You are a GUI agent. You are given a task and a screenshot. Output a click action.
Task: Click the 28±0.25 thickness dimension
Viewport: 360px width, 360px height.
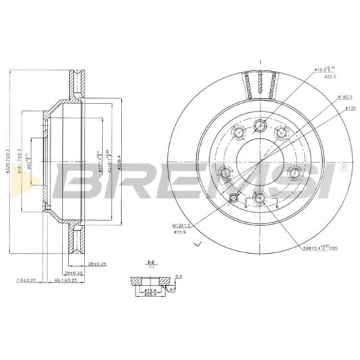click(98, 264)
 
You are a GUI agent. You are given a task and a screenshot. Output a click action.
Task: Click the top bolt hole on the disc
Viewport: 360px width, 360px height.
click(261, 126)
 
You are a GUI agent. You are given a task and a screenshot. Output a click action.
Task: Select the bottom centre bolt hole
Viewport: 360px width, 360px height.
click(261, 198)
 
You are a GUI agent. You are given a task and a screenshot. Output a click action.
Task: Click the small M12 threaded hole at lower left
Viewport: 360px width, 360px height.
click(234, 198)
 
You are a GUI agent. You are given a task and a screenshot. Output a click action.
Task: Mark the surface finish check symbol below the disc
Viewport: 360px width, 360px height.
click(198, 243)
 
